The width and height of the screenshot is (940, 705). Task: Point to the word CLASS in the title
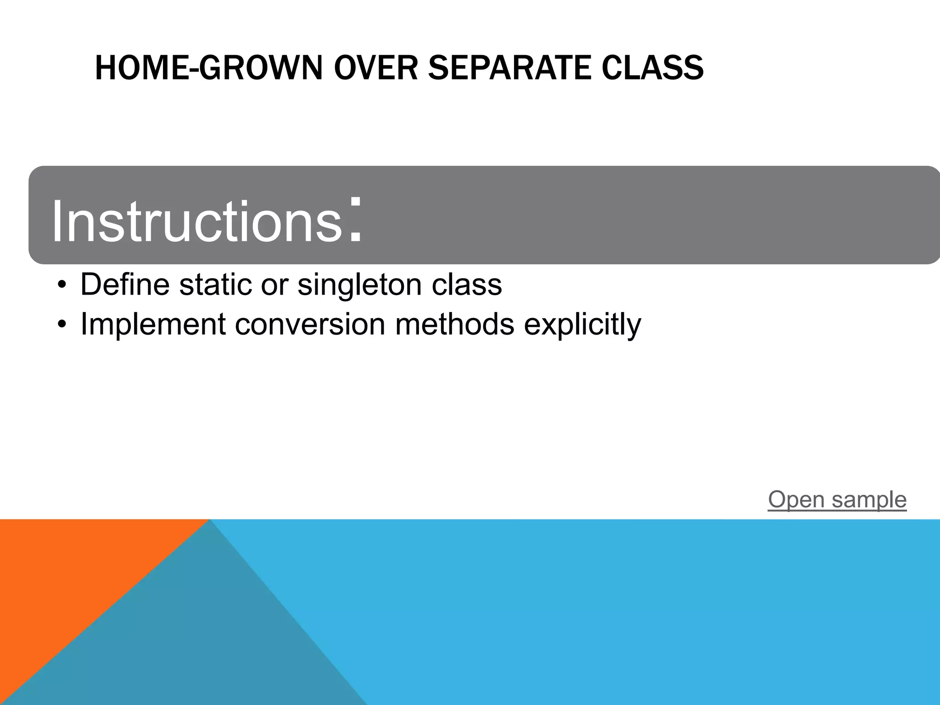pyautogui.click(x=652, y=68)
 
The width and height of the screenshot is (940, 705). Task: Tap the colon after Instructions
pyautogui.click(x=355, y=219)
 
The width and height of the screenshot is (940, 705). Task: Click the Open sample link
pyautogui.click(x=837, y=499)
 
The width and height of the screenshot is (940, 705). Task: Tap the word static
pyautogui.click(x=216, y=285)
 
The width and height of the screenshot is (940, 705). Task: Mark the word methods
pyautogui.click(x=454, y=324)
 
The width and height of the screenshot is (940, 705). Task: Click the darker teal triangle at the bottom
pyautogui.click(x=193, y=643)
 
